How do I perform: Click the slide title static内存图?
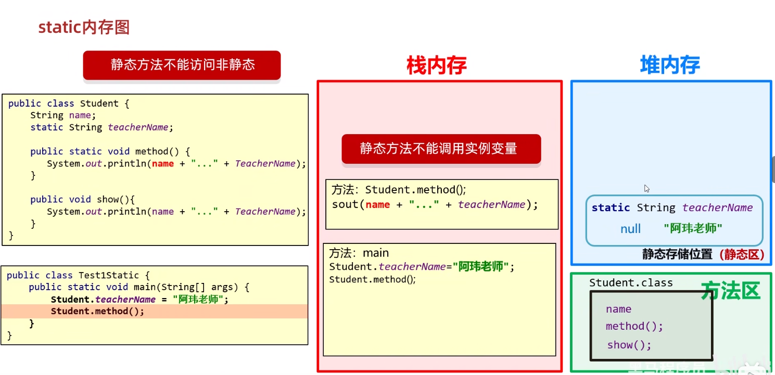click(84, 27)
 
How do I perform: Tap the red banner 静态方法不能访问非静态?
click(182, 64)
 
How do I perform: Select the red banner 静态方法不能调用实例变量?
click(441, 148)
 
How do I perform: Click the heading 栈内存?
click(436, 66)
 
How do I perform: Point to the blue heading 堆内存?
click(670, 66)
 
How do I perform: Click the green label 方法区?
click(730, 291)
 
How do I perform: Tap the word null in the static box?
click(630, 229)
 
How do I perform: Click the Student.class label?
click(631, 283)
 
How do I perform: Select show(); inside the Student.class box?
click(629, 345)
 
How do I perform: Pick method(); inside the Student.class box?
click(634, 326)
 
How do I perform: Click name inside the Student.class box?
click(618, 309)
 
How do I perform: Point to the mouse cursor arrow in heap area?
click(646, 188)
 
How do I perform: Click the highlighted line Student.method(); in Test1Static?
click(97, 311)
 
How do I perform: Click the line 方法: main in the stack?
click(360, 253)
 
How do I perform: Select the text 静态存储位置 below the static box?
click(677, 254)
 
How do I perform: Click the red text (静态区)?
click(742, 254)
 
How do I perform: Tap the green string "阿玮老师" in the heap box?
click(693, 228)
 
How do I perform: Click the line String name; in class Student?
click(63, 115)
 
